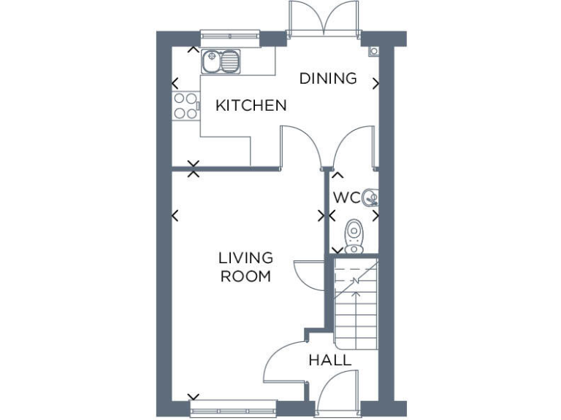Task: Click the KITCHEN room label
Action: [x=251, y=106]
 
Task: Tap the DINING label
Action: [x=328, y=78]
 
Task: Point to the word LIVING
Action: [x=245, y=258]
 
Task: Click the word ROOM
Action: [x=245, y=276]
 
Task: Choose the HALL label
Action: [x=329, y=360]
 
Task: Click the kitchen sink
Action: [x=221, y=61]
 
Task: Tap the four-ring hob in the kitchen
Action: [x=186, y=106]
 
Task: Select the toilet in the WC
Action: [x=354, y=236]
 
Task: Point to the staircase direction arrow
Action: [x=356, y=286]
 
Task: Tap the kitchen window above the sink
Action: [x=230, y=35]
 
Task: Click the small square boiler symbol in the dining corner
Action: [x=373, y=50]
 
